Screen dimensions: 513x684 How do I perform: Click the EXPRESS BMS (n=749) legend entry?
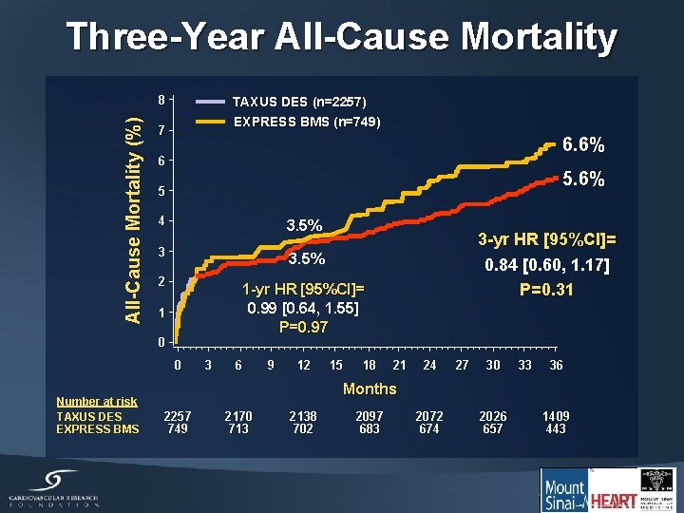point(307,122)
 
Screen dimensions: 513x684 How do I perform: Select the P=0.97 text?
point(304,327)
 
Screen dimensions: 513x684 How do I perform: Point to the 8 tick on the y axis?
point(162,99)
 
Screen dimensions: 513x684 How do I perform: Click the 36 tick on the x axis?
point(556,365)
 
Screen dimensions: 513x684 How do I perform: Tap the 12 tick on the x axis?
point(303,365)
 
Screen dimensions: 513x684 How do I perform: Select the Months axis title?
point(370,389)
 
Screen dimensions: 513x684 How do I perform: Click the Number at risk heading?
point(96,402)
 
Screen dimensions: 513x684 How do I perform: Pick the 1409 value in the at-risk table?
point(556,416)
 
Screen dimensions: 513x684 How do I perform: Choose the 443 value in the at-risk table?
point(556,428)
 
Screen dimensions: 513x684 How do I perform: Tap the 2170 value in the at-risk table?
point(237,416)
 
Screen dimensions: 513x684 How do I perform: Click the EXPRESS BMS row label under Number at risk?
point(97,428)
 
